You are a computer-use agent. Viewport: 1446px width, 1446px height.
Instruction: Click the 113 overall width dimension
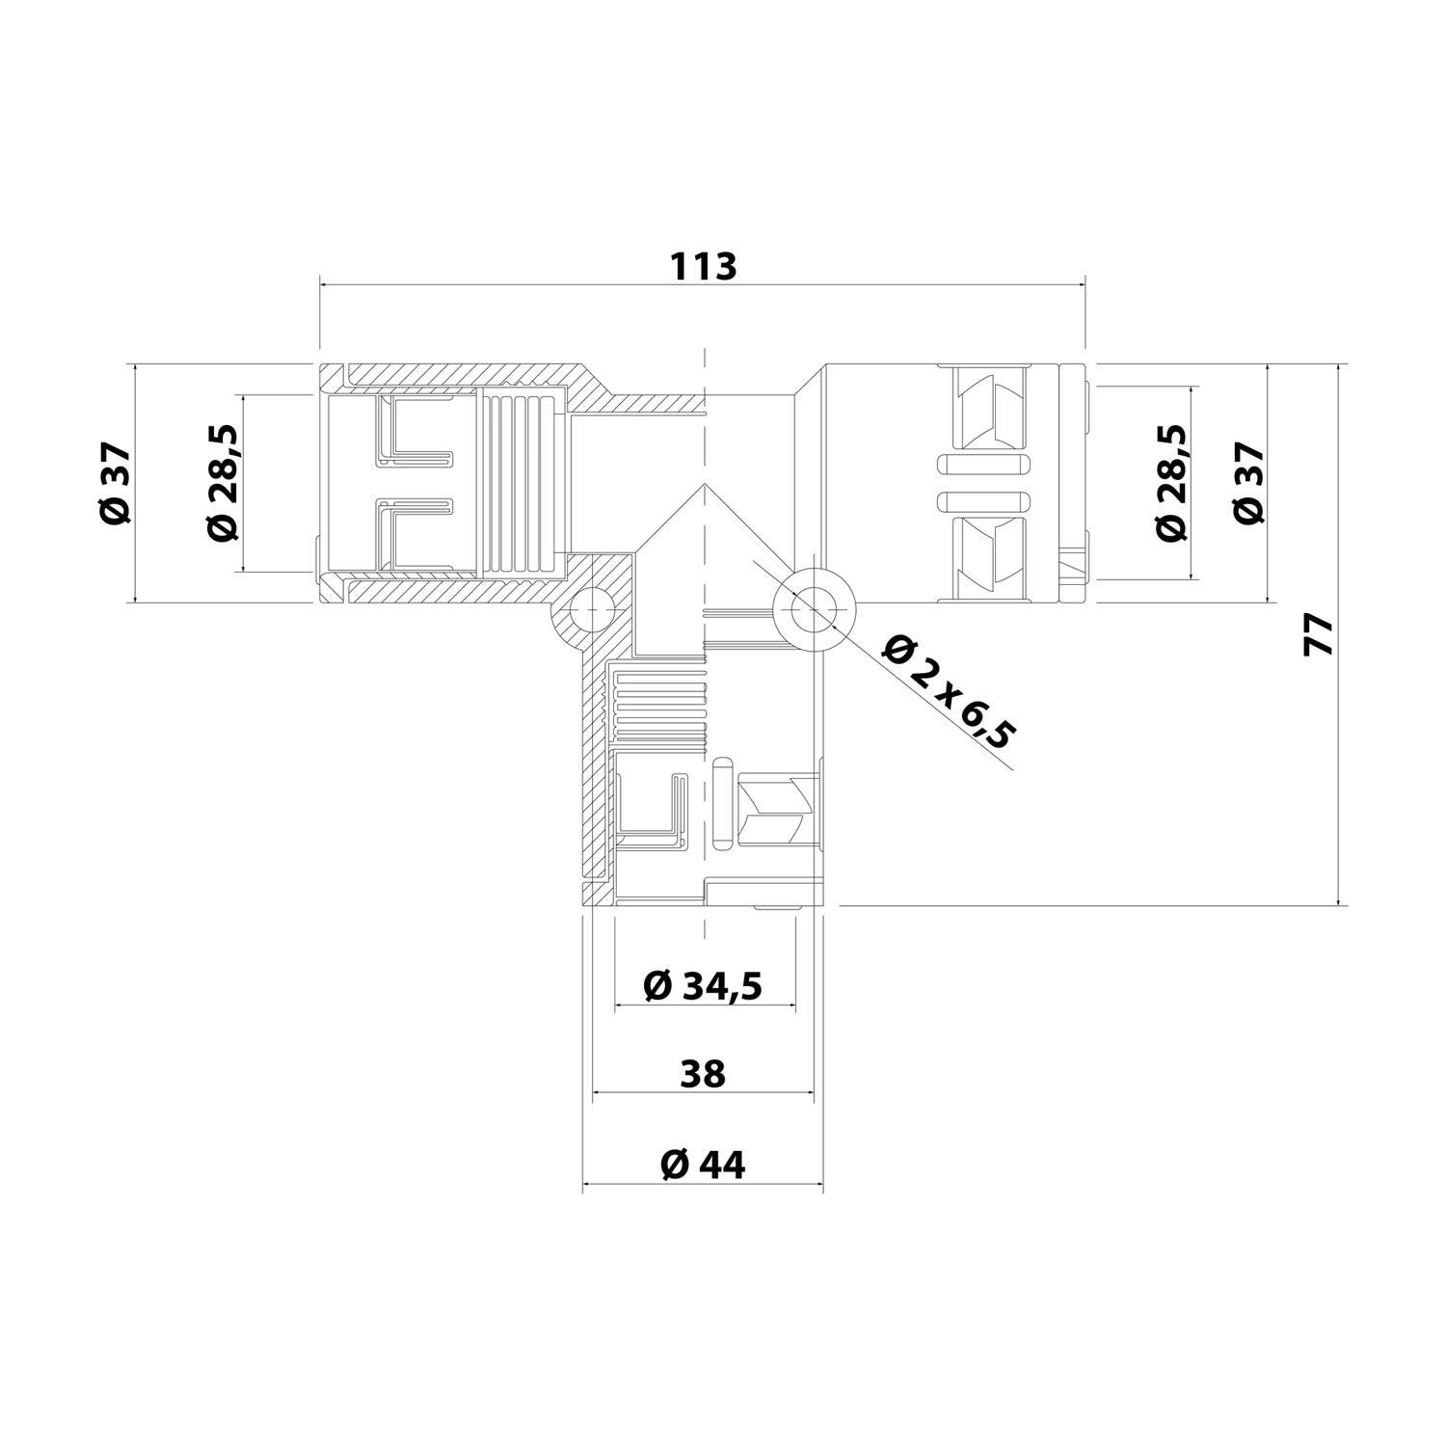[704, 265]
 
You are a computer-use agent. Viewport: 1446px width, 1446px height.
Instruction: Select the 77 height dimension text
[1318, 635]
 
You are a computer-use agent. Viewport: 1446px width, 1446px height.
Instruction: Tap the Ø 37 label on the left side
[115, 483]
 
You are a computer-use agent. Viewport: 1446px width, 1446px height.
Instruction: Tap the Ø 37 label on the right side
[1249, 483]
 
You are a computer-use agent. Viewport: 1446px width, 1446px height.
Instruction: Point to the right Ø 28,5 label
[1171, 483]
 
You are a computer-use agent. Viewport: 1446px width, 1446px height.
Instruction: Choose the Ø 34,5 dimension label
[703, 986]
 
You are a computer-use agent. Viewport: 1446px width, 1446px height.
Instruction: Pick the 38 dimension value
[702, 1073]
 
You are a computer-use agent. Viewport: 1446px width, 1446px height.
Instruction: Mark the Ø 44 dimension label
[703, 1165]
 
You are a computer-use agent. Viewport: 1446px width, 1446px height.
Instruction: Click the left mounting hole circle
[590, 610]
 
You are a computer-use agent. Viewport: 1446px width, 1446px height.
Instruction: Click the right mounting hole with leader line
[815, 609]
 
